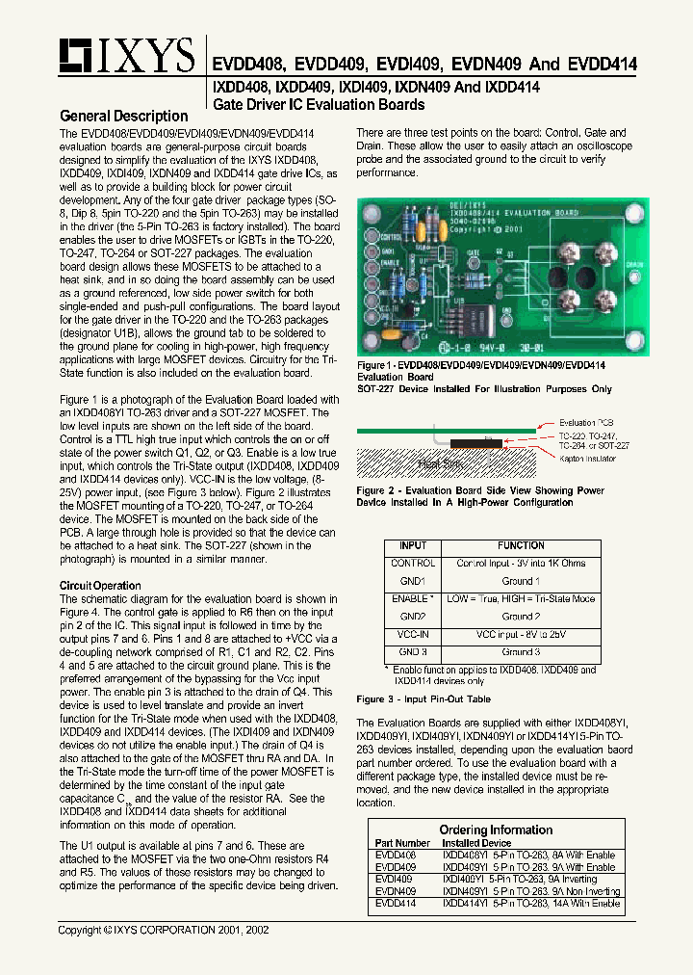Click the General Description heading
(x=124, y=116)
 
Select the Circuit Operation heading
(x=100, y=586)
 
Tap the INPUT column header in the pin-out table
(x=412, y=545)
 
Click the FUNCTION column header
(x=521, y=545)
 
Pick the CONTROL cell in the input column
(x=412, y=563)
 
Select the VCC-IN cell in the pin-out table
(x=412, y=635)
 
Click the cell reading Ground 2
(x=521, y=617)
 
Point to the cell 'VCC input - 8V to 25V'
(x=521, y=635)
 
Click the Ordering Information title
(x=495, y=830)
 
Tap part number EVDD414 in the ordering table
(x=394, y=904)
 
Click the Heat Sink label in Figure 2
(x=440, y=464)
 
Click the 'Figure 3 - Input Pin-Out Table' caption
(x=423, y=699)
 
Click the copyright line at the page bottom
(x=164, y=931)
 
